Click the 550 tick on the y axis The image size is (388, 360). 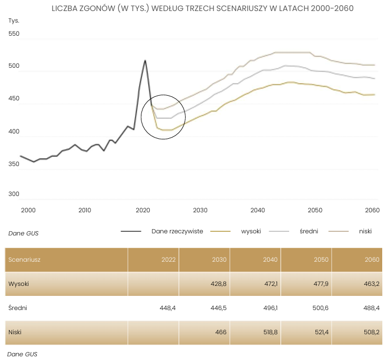14,34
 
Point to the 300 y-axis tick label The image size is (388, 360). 14,194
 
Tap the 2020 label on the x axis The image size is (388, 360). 143,210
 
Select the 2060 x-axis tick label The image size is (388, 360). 372,210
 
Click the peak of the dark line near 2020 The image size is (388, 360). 145,60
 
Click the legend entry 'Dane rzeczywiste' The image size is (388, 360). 177,231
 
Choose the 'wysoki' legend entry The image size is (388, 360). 251,231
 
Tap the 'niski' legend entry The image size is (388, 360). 365,231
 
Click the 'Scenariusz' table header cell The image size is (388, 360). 25,259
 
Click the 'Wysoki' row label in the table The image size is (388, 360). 18,284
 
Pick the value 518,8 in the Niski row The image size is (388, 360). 269,332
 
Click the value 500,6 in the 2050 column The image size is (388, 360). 320,308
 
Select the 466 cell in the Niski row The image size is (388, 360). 220,332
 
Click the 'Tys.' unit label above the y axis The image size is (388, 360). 14,20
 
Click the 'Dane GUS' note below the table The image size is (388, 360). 22,354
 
